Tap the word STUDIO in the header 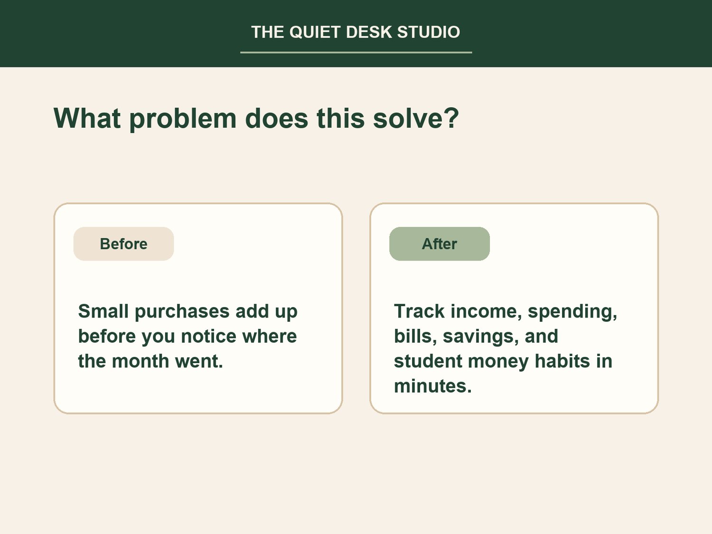[x=429, y=32]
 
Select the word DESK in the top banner [x=369, y=32]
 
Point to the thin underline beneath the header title [x=356, y=52]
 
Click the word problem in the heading [x=183, y=119]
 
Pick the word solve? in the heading [x=416, y=118]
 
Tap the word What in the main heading [x=87, y=118]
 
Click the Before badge [x=123, y=244]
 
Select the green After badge [x=439, y=244]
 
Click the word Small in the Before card [x=103, y=311]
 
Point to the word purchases [x=182, y=312]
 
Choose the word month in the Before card [x=141, y=361]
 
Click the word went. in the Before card [x=199, y=362]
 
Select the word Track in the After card [x=419, y=311]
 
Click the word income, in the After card [x=486, y=312]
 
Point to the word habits [x=562, y=361]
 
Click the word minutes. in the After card [x=433, y=386]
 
